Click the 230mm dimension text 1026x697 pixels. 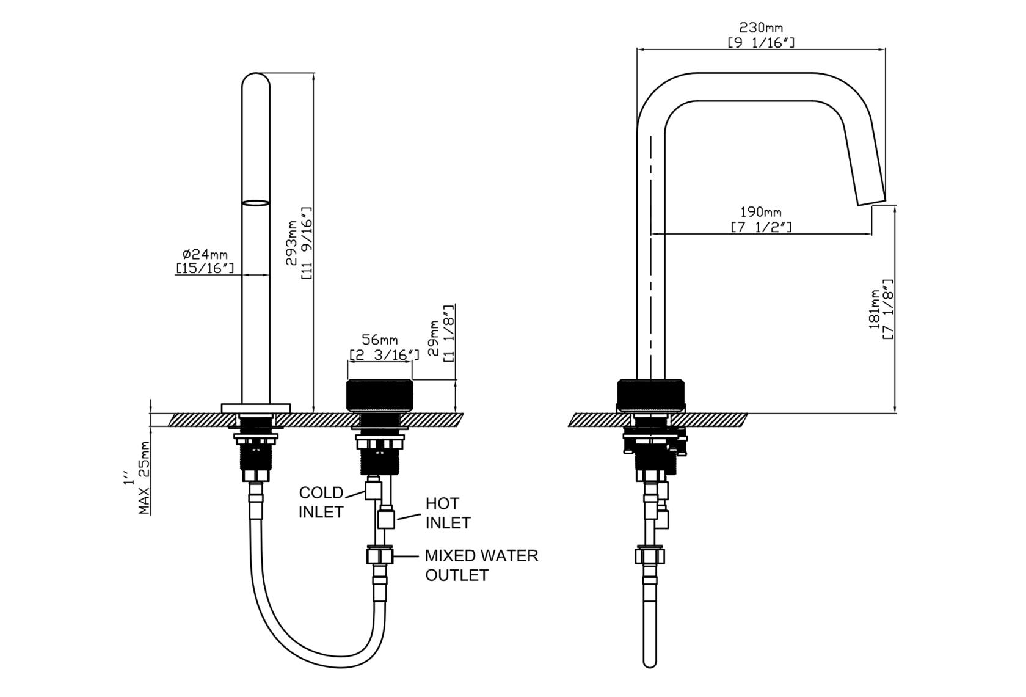click(760, 28)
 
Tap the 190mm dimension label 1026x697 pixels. click(761, 212)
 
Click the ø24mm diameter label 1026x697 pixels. click(205, 254)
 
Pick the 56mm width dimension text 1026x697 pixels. click(380, 340)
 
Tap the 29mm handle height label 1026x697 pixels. click(433, 338)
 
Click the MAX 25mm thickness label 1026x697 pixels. click(144, 478)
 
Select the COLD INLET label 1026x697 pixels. click(321, 502)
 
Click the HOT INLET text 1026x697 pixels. click(448, 513)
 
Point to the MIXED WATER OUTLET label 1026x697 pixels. click(481, 565)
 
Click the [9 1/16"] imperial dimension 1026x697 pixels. click(761, 43)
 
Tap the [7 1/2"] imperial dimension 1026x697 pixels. click(761, 227)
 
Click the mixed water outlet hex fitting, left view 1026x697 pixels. click(380, 556)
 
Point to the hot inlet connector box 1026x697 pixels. click(386, 520)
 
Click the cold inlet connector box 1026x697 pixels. click(373, 491)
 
